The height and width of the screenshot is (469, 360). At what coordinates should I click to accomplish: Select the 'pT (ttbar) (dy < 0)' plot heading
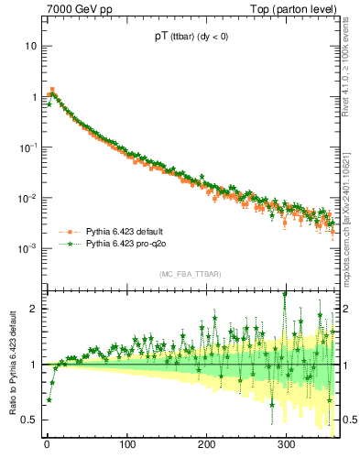tap(190, 38)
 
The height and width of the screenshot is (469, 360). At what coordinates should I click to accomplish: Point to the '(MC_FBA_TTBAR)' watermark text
tap(190, 274)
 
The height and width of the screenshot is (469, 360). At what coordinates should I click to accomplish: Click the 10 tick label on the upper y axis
tap(30, 46)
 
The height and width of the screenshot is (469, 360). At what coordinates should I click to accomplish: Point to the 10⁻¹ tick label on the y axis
tap(27, 147)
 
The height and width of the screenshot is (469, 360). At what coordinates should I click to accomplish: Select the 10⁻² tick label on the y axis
tap(27, 198)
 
